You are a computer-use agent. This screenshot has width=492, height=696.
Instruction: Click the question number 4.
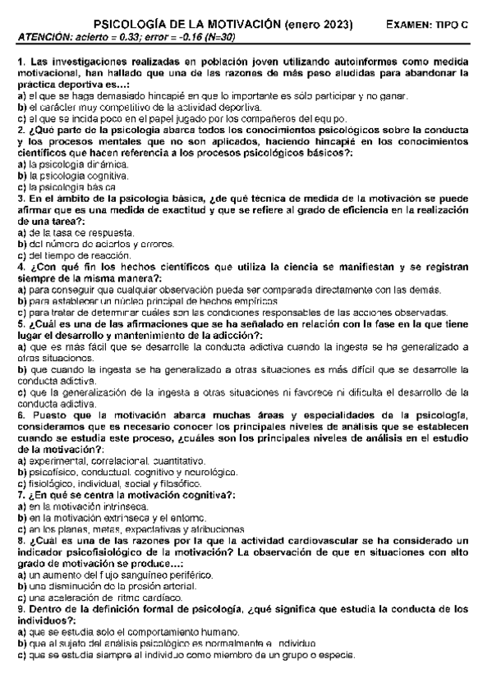(x=20, y=267)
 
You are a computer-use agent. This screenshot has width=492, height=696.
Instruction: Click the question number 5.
(x=20, y=323)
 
